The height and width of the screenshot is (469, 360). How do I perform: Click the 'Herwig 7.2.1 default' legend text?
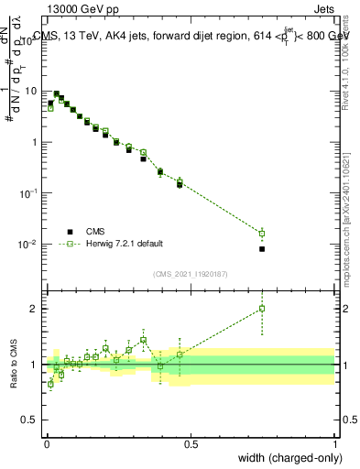tap(125, 244)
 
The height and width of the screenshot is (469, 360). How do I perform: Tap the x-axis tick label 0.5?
tap(191, 443)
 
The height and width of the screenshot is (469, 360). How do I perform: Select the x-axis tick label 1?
tap(334, 443)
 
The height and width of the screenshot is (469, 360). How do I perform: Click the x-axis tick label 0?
tap(47, 443)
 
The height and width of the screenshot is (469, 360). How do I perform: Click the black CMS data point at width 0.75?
tap(262, 249)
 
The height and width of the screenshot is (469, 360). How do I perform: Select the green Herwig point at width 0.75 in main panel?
tap(262, 234)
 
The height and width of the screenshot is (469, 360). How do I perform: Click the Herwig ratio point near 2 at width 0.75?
tap(262, 309)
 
